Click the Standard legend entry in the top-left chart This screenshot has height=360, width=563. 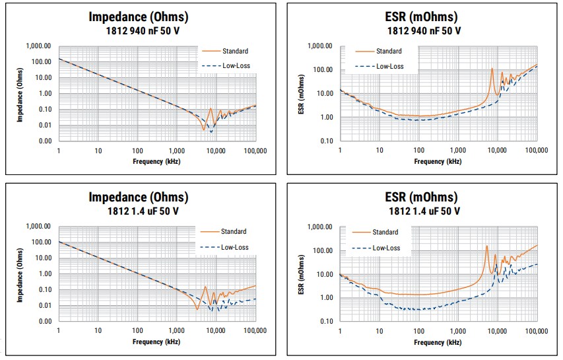tap(235, 51)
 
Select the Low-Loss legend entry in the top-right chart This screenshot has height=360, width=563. tap(389, 66)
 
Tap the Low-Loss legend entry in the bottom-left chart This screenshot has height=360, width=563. tap(235, 247)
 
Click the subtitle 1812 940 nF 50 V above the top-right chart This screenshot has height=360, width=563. tap(422, 31)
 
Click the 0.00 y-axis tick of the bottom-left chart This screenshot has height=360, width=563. tap(44, 321)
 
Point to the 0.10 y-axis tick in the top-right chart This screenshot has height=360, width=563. tap(324, 141)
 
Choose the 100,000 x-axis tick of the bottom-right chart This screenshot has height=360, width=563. tap(535, 331)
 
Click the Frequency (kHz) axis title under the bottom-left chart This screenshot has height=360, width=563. tap(156, 342)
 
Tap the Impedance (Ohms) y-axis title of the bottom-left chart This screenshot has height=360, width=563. tap(20, 273)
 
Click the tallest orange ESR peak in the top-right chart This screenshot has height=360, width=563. tap(492, 69)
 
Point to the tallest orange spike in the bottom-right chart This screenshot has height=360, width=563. tap(487, 246)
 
